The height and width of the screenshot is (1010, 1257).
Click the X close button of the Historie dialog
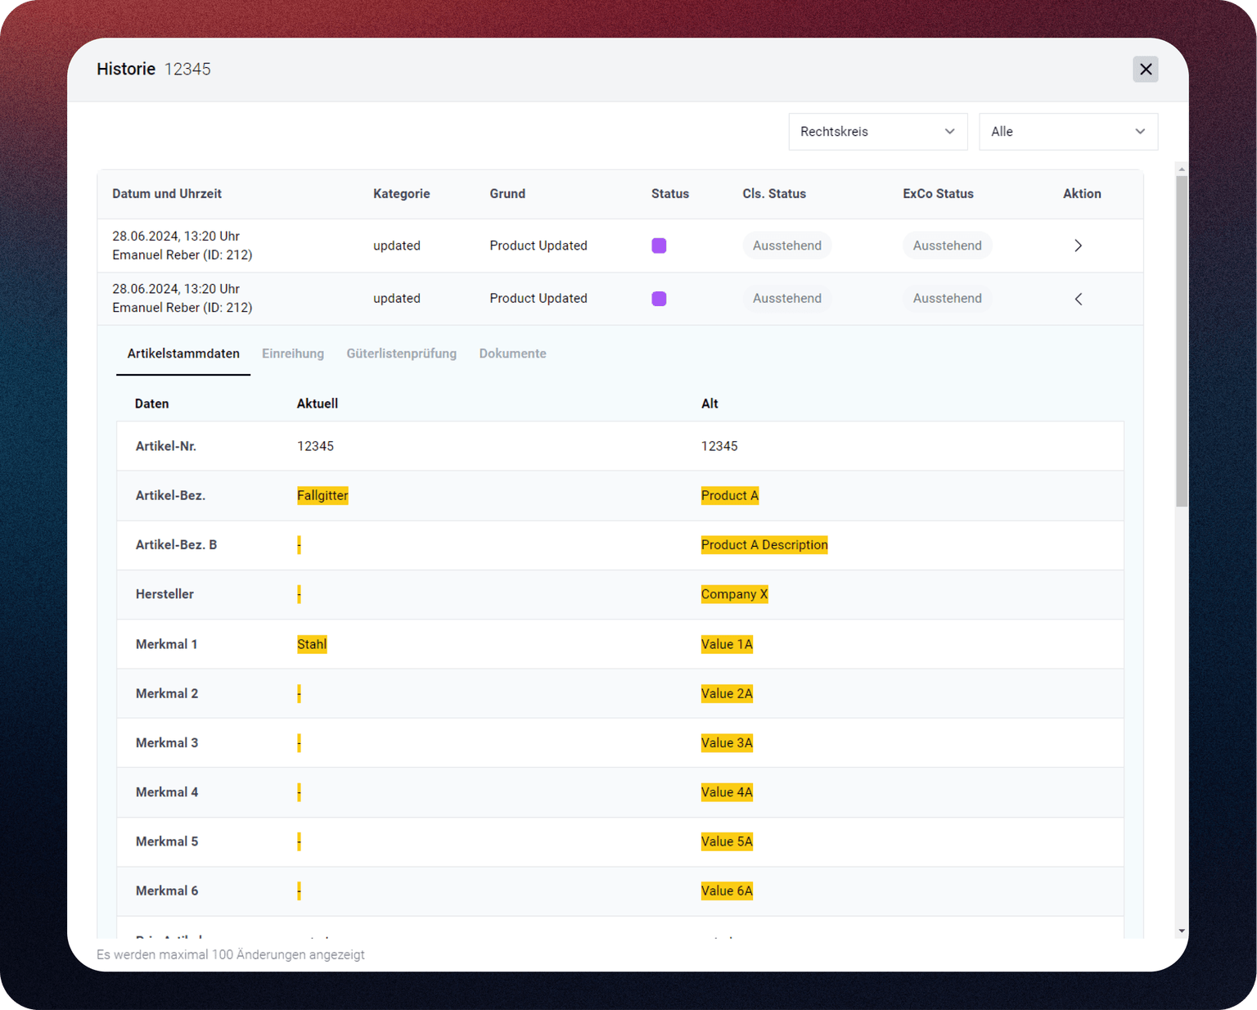[x=1145, y=70]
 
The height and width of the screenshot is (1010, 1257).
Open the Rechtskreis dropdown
[x=877, y=132]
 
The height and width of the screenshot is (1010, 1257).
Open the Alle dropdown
[x=1068, y=132]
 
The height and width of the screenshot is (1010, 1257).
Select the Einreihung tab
[x=293, y=354]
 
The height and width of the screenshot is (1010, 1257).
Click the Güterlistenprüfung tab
[x=401, y=354]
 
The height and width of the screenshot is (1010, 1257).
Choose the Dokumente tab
[x=512, y=354]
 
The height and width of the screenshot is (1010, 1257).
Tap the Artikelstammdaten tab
[x=183, y=354]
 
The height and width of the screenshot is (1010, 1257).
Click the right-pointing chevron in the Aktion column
[x=1078, y=246]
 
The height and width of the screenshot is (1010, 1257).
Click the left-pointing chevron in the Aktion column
[x=1078, y=299]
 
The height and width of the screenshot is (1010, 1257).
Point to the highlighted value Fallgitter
[x=322, y=495]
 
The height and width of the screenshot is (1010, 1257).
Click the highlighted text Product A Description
[x=764, y=545]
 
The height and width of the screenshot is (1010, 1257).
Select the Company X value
[x=734, y=594]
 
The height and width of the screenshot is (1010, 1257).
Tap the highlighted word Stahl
[x=312, y=644]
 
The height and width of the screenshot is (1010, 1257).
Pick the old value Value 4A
[x=727, y=792]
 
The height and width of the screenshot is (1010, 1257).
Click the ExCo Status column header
[x=938, y=194]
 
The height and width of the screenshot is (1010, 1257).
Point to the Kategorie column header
[x=401, y=194]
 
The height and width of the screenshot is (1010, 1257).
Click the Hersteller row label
[x=164, y=594]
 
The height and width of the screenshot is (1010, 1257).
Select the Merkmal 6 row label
[x=167, y=891]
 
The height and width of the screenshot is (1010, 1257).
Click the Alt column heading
[x=710, y=404]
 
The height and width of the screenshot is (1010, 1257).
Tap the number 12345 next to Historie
[x=187, y=70]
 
